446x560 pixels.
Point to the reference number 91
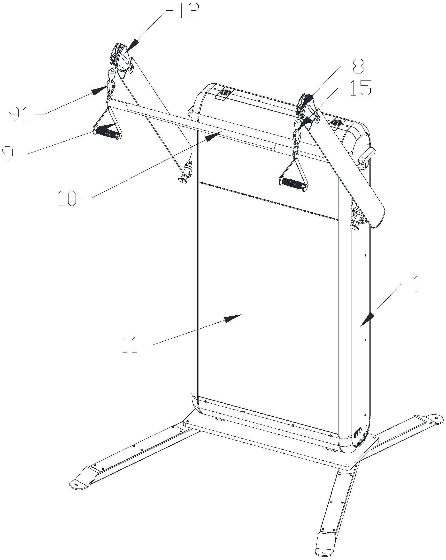19,116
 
